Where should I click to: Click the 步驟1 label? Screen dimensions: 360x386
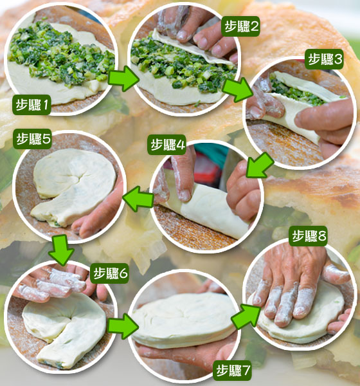[x=32, y=105]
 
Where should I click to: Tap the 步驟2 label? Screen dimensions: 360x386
[x=240, y=26]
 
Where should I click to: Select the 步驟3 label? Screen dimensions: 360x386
[x=324, y=59]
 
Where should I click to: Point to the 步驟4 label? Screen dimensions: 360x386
[x=166, y=145]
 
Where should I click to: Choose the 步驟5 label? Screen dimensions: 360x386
[x=32, y=139]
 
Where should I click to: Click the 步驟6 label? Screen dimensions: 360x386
[x=109, y=273]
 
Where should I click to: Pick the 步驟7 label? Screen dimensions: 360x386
[x=232, y=371]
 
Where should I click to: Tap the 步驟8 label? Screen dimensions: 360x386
[x=308, y=236]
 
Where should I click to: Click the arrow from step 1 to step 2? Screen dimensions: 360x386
[x=123, y=78]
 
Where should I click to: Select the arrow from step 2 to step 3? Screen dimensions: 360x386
[x=238, y=89]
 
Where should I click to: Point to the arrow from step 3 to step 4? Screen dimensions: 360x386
[x=259, y=165]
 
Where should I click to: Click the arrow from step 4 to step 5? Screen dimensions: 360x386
[x=138, y=199]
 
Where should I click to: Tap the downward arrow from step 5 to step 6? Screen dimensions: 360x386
[x=61, y=250]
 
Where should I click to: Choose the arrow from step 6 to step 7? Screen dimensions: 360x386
[x=123, y=326]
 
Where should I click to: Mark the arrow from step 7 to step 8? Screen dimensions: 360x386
[x=246, y=316]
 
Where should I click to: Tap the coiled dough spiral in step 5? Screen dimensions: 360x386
[x=74, y=187]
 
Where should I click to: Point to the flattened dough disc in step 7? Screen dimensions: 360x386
[x=184, y=320]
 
